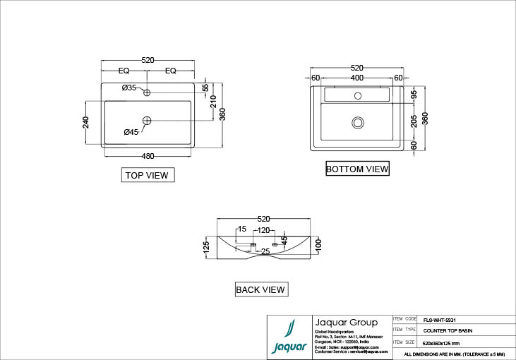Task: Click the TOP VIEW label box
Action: [147, 175]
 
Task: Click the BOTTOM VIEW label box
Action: [357, 169]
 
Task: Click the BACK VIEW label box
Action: [260, 289]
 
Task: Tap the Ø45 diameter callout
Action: [131, 132]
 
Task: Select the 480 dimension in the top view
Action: [148, 155]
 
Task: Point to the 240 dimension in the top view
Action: [86, 122]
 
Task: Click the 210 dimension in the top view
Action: [212, 102]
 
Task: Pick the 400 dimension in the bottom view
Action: [357, 77]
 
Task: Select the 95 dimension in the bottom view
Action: [414, 94]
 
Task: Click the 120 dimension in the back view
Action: [263, 230]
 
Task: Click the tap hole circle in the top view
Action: [148, 93]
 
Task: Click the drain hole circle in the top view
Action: [147, 121]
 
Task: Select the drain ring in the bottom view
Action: [357, 123]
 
